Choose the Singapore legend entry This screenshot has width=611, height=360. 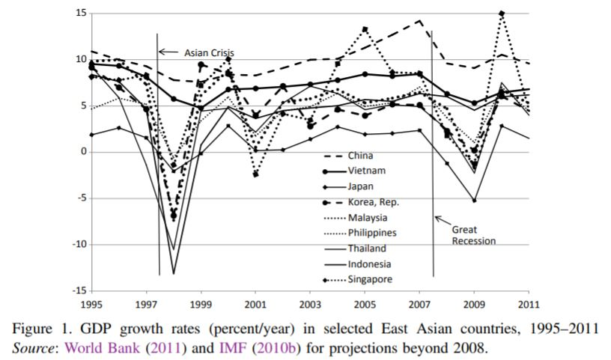(372, 279)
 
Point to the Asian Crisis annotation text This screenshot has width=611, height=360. (210, 52)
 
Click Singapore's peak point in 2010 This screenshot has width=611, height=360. (501, 13)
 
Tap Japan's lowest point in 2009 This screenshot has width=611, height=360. (474, 201)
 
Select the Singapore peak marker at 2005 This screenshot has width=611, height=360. (365, 29)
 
